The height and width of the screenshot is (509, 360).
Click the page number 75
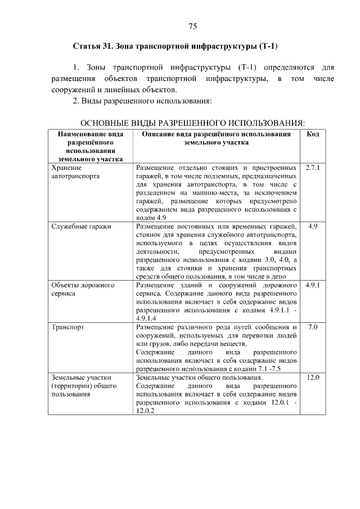192,26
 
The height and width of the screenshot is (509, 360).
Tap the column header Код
313,134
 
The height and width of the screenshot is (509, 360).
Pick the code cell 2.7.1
313,168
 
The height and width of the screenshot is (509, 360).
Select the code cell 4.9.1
313,285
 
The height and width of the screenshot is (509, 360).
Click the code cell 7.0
313,326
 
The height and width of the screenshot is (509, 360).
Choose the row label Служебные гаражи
81,226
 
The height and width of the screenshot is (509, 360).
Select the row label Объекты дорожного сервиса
83,289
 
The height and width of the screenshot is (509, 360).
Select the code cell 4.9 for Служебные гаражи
313,226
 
